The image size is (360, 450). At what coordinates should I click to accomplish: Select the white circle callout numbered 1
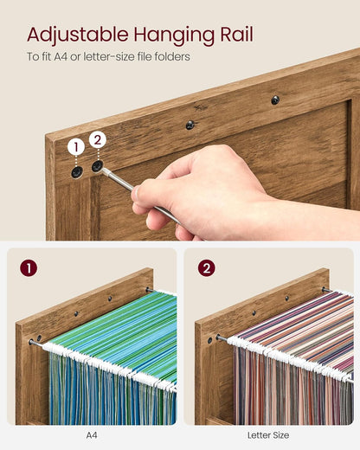[x=76, y=147]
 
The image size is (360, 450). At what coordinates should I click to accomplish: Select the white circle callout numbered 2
[x=97, y=139]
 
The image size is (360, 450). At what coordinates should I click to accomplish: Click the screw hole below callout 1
[x=77, y=172]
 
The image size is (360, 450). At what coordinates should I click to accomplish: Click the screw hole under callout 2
[x=98, y=165]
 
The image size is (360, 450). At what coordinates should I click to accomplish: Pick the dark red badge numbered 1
[x=29, y=268]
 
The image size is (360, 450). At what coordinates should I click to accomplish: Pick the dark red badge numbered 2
[x=206, y=268]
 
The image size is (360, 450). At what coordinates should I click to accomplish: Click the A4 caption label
[x=93, y=435]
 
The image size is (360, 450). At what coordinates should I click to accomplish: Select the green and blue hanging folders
[x=112, y=363]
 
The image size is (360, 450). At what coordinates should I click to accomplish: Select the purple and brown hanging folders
[x=294, y=363]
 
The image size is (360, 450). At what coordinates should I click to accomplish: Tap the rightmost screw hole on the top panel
[x=275, y=100]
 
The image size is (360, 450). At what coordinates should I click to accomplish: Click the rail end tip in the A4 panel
[x=32, y=342]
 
